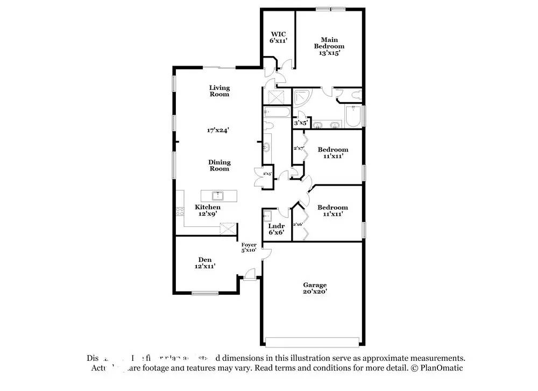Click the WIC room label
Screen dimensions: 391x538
click(278, 36)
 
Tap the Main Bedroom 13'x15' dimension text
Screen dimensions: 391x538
click(329, 53)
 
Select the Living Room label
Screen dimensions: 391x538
click(219, 91)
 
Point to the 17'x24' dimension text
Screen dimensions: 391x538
click(218, 130)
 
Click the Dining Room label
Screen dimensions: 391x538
click(219, 165)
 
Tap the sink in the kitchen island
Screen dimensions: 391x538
click(219, 195)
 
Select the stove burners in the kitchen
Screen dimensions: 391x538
click(180, 211)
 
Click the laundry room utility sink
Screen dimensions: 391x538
click(267, 216)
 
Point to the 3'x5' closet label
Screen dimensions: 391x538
click(300, 123)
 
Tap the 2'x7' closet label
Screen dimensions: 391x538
click(299, 148)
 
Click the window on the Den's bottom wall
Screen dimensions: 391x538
click(205, 293)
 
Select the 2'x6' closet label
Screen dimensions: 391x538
click(298, 224)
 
